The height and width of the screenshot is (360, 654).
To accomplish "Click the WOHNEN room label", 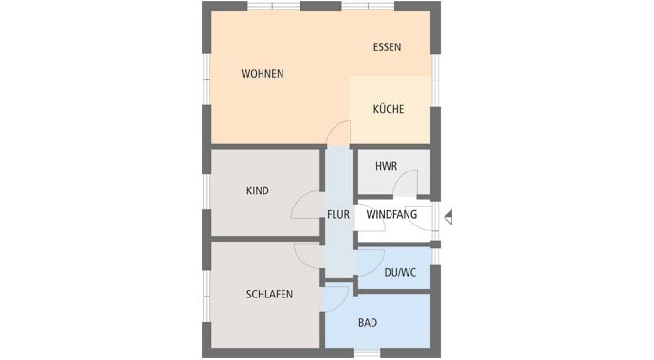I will pos(263,74).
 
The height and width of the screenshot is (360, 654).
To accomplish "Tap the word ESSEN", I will pos(387,47).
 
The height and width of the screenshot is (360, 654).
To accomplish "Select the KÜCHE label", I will pos(388,109).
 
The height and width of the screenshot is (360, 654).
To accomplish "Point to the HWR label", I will pos(386,166).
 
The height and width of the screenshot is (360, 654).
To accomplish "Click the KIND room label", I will pos(258,190).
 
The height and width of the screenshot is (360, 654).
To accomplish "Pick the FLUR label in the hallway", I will pos(338,215).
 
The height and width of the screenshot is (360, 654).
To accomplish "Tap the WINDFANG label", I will pos(391,215).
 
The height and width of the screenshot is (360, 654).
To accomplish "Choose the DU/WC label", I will pos(400,273).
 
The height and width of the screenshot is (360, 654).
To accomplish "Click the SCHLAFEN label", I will pos(269,295).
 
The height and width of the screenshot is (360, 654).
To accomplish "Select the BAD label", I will pos(368,323).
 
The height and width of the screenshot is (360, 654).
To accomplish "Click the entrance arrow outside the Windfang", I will pos(448,217).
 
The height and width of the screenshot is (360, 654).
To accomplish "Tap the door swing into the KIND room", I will pos(305,205).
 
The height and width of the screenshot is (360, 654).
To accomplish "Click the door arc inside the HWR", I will pos(405,183).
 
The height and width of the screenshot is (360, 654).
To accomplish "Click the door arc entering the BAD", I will pos(336,297).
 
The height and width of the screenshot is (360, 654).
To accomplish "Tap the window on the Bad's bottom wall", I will pos(367,353).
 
